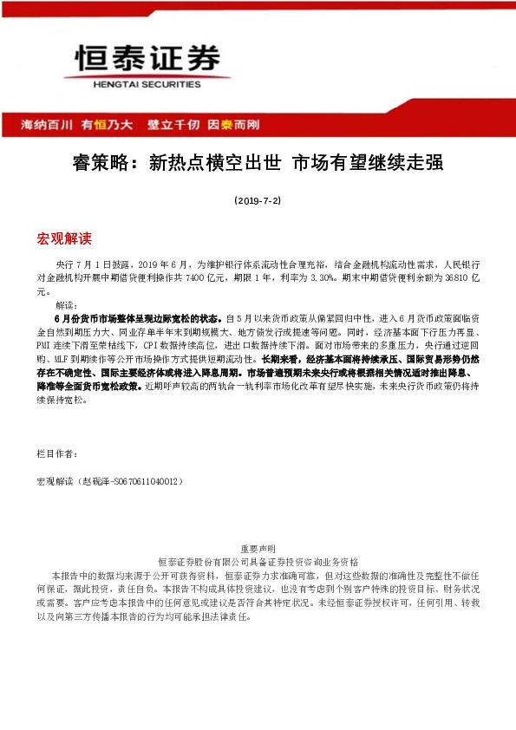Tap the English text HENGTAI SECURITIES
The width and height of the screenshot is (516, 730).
pos(147,85)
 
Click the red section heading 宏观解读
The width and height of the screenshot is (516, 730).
pos(64,238)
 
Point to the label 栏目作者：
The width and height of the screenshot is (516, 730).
pos(58,453)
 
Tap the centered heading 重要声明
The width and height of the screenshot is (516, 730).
pos(258,549)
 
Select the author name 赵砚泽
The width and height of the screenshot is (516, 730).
pos(93,480)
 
